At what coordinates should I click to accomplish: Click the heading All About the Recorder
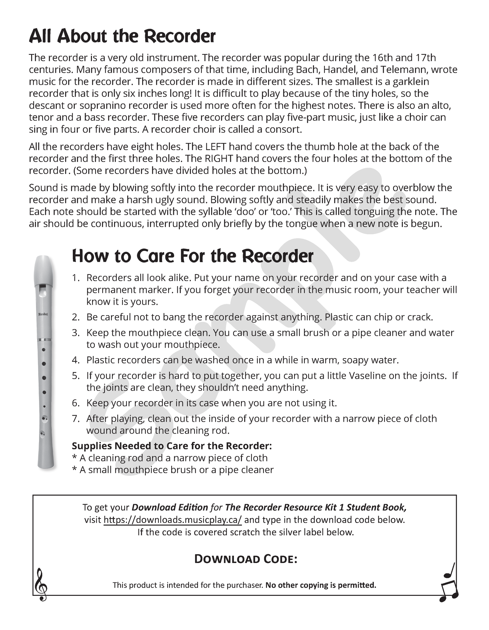122,36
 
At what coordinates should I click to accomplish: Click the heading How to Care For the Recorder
193,256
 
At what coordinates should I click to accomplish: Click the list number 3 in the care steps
75,333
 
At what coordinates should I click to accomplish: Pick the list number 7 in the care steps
75,419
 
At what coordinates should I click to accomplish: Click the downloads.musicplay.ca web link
173,520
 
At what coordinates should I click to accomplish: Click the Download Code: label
246,559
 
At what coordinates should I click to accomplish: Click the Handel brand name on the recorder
43,314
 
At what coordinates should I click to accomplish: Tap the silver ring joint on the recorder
44,339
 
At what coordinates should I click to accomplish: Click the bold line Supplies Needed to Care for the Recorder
172,446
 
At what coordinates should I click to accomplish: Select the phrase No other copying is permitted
321,585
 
